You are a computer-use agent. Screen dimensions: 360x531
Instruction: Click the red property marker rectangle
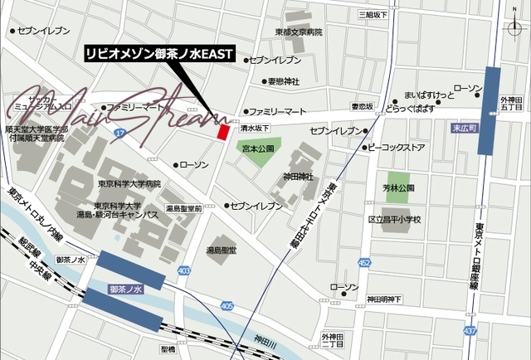pyautogui.click(x=222, y=132)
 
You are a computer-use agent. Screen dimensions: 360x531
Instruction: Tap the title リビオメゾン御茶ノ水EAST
pyautogui.click(x=160, y=52)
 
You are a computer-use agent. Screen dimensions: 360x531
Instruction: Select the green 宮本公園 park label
pyautogui.click(x=256, y=148)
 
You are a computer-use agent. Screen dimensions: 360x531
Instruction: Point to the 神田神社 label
pyautogui.click(x=298, y=176)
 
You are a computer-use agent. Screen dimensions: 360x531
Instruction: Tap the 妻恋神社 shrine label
pyautogui.click(x=283, y=81)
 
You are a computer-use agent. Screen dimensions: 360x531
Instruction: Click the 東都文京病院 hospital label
pyautogui.click(x=299, y=32)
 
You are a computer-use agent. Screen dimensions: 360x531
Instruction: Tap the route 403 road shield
pyautogui.click(x=183, y=270)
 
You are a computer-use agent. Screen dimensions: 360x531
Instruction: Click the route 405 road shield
pyautogui.click(x=227, y=306)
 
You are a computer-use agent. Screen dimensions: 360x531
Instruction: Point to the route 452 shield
pyautogui.click(x=364, y=263)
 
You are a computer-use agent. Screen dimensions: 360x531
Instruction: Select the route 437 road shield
pyautogui.click(x=470, y=331)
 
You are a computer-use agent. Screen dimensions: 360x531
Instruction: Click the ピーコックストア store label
pyautogui.click(x=397, y=148)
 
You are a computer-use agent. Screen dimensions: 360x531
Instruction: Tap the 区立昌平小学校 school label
pyautogui.click(x=394, y=220)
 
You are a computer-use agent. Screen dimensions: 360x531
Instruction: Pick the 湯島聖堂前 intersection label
pyautogui.click(x=183, y=209)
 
